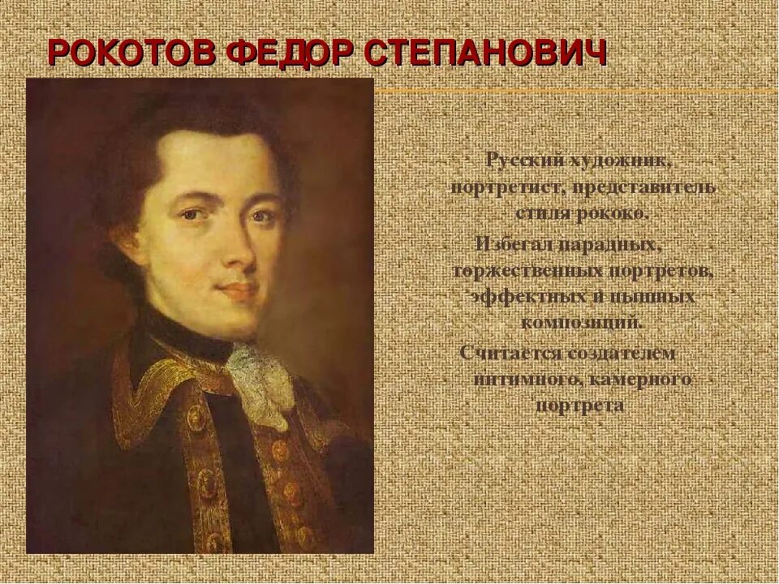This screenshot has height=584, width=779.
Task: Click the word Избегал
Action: click(x=517, y=243)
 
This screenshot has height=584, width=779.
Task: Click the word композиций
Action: click(x=583, y=322)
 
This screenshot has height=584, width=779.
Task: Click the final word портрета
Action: click(x=581, y=406)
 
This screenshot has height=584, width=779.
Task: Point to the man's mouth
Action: click(x=237, y=289)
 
